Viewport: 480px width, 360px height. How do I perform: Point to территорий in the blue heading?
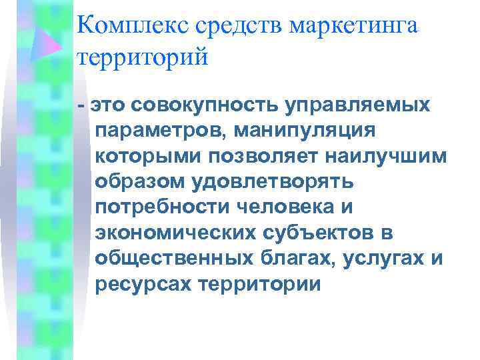pyautogui.click(x=143, y=57)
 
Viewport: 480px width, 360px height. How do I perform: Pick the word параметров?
pyautogui.click(x=160, y=131)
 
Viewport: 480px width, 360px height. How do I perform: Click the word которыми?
pyautogui.click(x=147, y=156)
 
